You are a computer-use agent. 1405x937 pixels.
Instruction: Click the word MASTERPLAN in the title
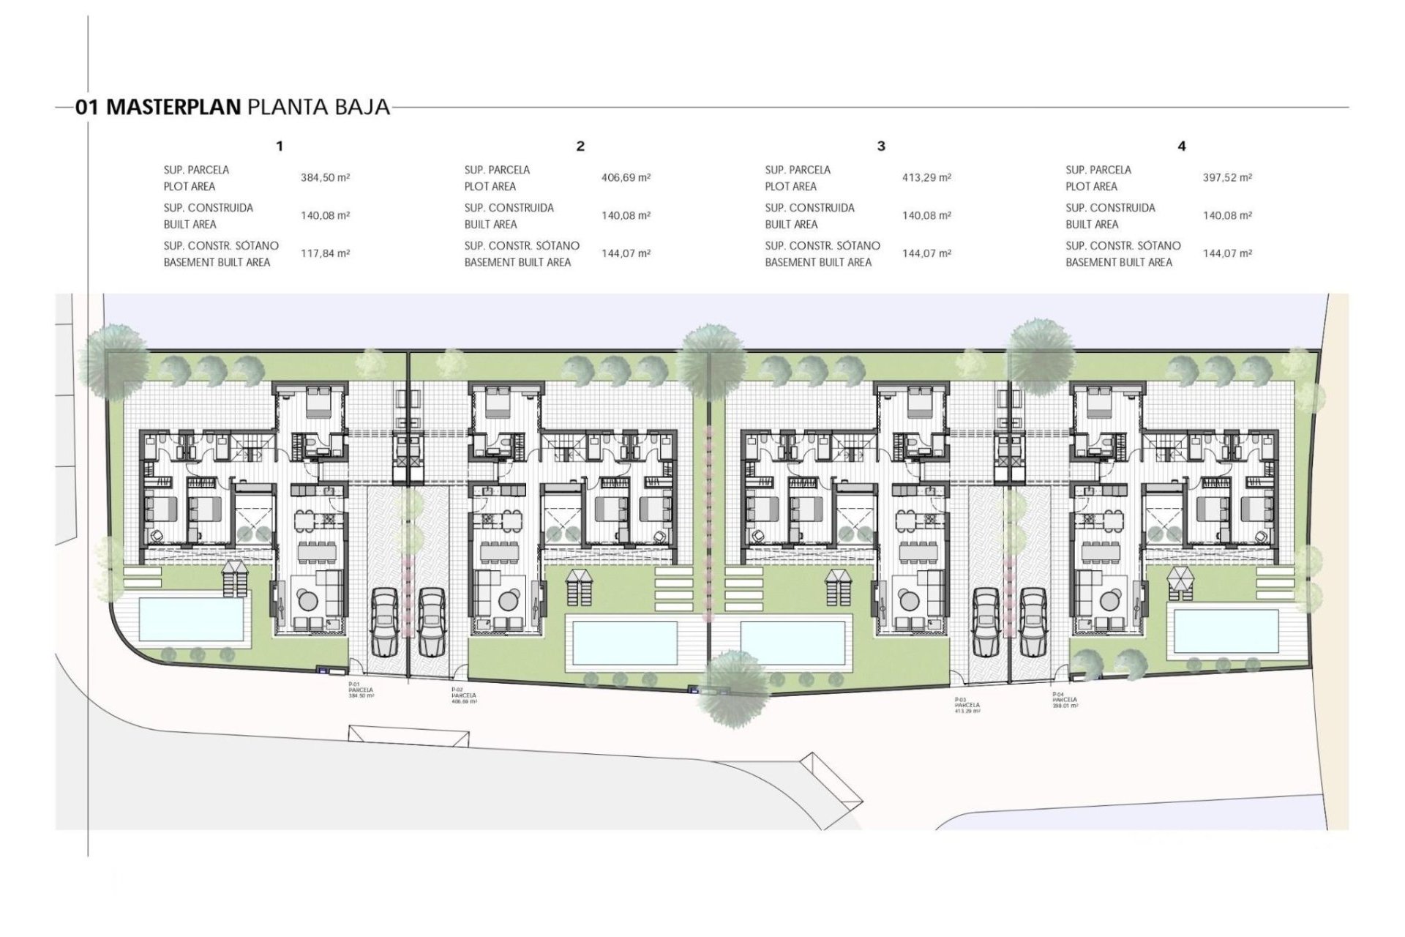click(173, 107)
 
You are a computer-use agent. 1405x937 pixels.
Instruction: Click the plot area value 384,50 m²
click(325, 177)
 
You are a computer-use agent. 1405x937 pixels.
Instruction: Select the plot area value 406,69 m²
click(626, 177)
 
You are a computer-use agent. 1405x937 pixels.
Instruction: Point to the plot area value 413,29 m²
click(926, 177)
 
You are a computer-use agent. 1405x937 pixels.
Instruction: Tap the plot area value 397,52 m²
click(1227, 177)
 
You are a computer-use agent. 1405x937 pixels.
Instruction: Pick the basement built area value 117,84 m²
click(325, 253)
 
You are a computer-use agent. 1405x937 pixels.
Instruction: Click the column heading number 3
click(881, 146)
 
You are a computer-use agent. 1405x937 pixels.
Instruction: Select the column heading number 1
click(280, 146)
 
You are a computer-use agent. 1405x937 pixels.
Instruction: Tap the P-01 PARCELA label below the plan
click(361, 690)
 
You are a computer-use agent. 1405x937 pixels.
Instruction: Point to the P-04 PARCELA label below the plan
click(1065, 700)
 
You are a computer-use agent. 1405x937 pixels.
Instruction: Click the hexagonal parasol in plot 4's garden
click(1179, 580)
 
